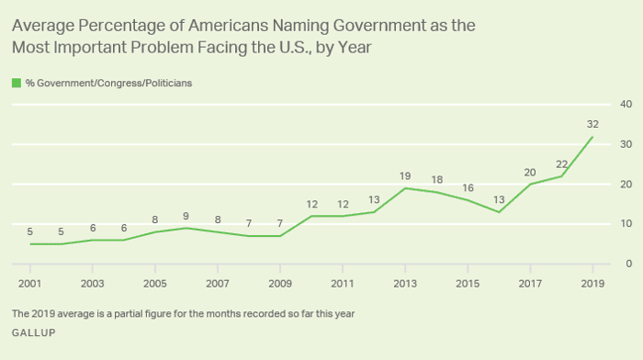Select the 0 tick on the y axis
[x=628, y=264]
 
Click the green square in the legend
[x=16, y=83]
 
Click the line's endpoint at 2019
[x=591, y=137]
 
